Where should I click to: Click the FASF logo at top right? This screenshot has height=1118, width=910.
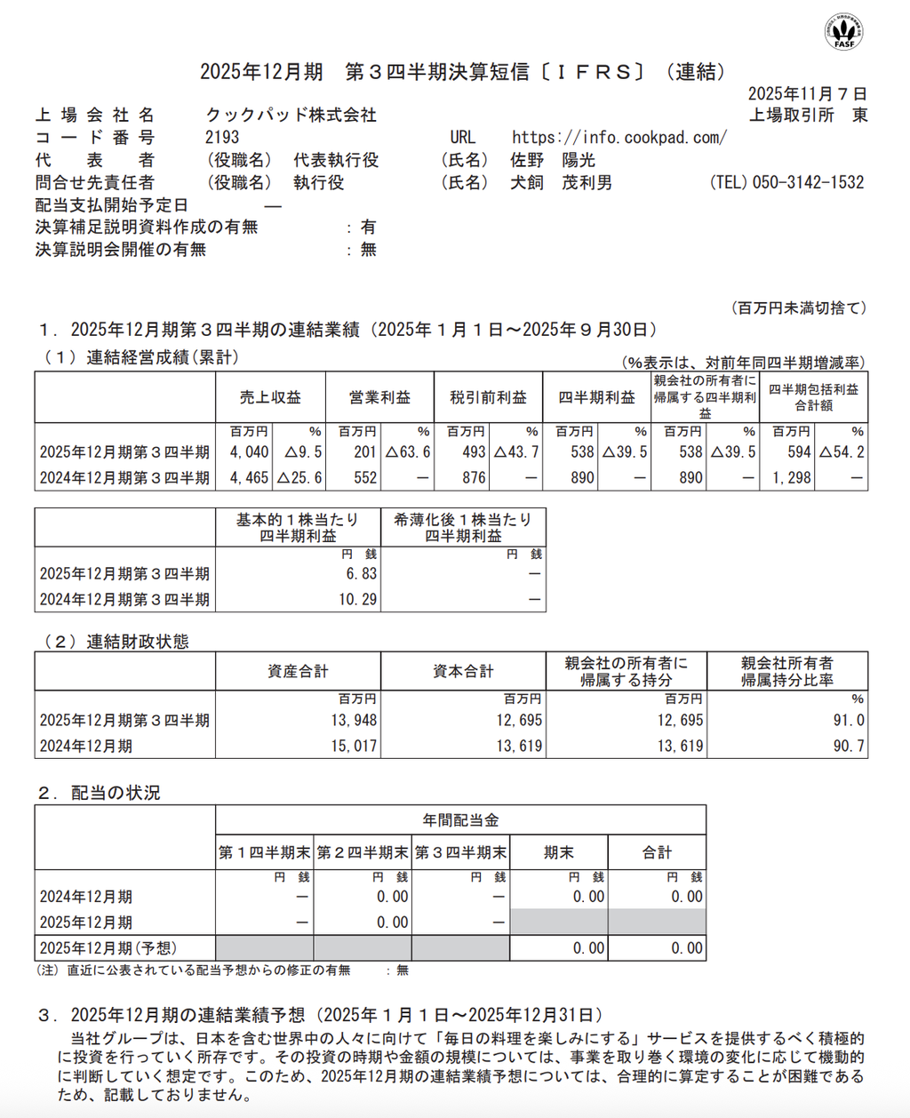[843, 31]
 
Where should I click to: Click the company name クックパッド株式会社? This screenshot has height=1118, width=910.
[291, 115]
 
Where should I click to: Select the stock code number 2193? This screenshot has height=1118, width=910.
[222, 137]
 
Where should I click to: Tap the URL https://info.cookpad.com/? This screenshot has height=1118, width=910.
[619, 137]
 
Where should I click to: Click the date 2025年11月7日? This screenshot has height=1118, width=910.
[807, 94]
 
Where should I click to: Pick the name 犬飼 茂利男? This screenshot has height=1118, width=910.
[561, 182]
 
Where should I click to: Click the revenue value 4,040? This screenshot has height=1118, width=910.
[250, 452]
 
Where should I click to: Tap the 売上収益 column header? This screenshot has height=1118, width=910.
[270, 397]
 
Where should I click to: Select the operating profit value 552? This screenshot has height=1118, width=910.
[365, 477]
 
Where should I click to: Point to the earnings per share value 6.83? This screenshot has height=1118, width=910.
[362, 574]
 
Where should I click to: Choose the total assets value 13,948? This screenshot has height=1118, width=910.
[354, 720]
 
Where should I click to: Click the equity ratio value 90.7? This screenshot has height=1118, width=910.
[849, 746]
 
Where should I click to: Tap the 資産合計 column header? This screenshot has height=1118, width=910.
[298, 671]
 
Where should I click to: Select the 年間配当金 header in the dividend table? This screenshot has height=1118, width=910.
[460, 820]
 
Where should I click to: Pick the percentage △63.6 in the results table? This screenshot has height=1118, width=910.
[408, 452]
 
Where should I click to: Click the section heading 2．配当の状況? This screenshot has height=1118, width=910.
[99, 793]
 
